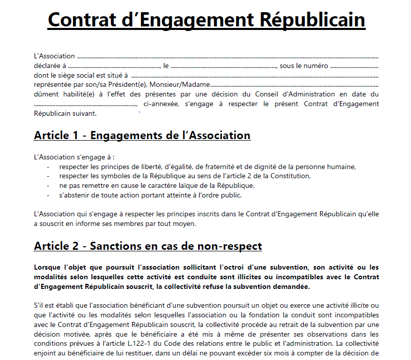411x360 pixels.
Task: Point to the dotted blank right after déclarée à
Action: point(115,66)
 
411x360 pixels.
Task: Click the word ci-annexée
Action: point(161,104)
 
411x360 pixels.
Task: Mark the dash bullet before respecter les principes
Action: point(48,167)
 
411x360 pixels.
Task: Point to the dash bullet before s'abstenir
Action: point(48,195)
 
